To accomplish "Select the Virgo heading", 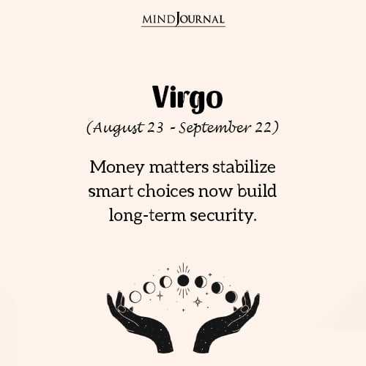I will click(183, 98).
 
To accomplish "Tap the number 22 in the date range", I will click(263, 127).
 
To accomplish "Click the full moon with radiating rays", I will click(183, 280).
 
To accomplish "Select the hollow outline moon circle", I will click(135, 296).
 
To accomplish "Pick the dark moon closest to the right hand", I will click(231, 296).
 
